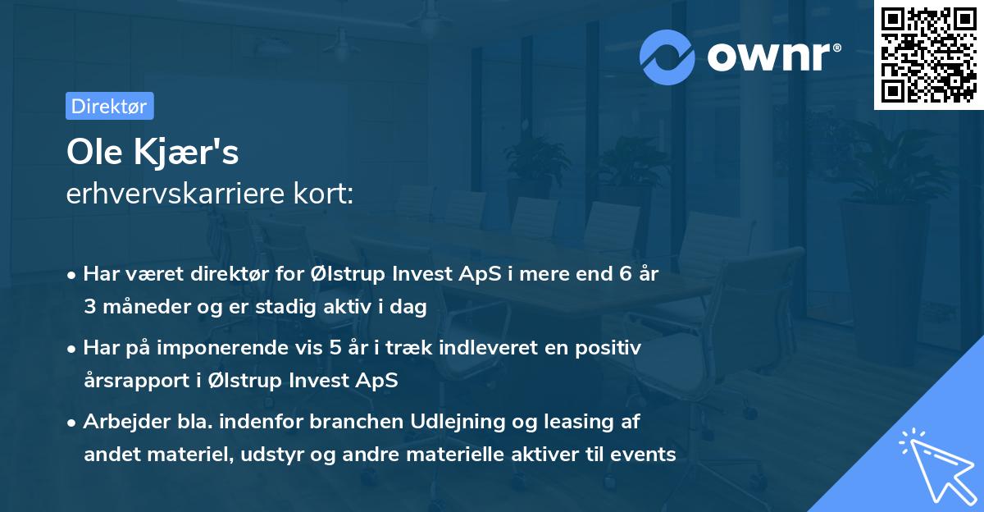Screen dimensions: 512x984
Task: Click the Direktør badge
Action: [109, 106]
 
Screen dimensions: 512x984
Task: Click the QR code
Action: [928, 55]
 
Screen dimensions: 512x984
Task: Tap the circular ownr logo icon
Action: [667, 57]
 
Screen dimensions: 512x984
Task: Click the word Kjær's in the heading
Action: [186, 153]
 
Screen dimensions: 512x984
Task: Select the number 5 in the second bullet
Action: [335, 349]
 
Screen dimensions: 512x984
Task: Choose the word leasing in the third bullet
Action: [584, 422]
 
